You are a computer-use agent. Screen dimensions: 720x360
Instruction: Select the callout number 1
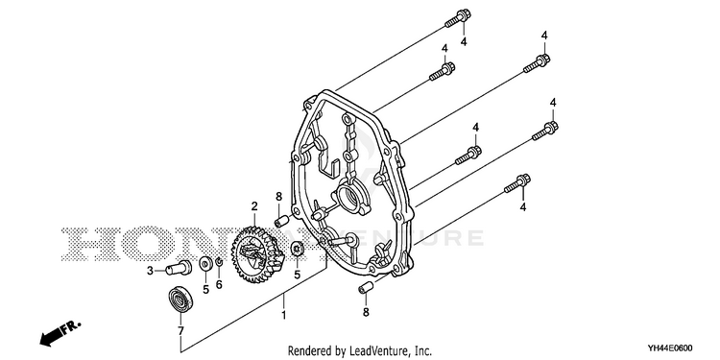(x=284, y=316)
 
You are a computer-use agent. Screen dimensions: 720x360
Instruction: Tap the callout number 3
(x=150, y=271)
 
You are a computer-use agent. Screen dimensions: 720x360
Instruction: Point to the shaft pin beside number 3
(x=179, y=267)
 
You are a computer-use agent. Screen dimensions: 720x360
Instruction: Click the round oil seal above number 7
(x=180, y=299)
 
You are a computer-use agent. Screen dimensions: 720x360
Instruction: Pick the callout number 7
(x=180, y=330)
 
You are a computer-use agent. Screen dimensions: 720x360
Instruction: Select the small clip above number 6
(x=219, y=263)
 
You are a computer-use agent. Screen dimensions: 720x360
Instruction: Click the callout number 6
(x=219, y=285)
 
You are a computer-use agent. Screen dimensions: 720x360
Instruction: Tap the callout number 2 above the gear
(x=254, y=206)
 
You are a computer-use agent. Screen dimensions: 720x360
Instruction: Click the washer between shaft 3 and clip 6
(x=205, y=264)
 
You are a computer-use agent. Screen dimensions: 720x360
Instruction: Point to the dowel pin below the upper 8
(x=280, y=221)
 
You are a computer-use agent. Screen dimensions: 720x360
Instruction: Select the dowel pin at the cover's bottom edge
(x=366, y=288)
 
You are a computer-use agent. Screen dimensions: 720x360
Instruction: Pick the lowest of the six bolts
(x=517, y=183)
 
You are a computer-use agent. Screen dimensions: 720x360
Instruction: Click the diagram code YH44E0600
(x=670, y=348)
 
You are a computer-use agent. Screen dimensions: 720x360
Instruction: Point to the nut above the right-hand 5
(x=297, y=251)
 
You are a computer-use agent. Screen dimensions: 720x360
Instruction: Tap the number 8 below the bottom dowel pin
(x=366, y=312)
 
